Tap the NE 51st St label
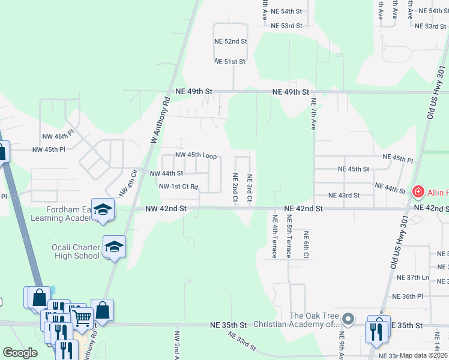[x=231, y=61]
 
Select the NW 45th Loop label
[x=196, y=155]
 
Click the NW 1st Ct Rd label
[x=178, y=187]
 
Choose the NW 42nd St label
[x=166, y=208]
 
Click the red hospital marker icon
[x=418, y=192]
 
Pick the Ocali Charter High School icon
[x=114, y=247]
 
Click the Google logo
[x=20, y=353]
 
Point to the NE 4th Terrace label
[x=274, y=236]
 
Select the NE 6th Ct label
[x=306, y=245]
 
